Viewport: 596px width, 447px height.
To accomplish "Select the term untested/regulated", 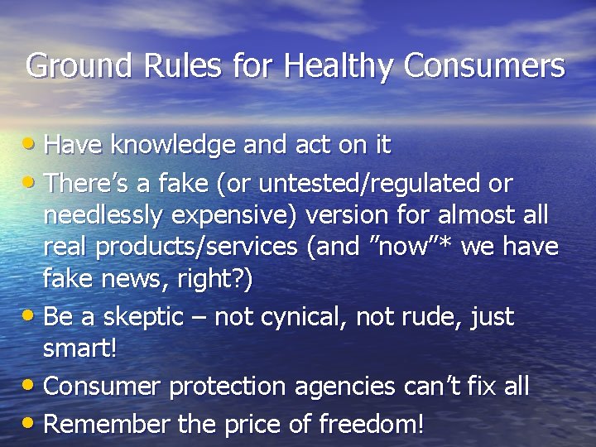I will [x=353, y=183].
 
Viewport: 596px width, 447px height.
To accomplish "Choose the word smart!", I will [x=79, y=348].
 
